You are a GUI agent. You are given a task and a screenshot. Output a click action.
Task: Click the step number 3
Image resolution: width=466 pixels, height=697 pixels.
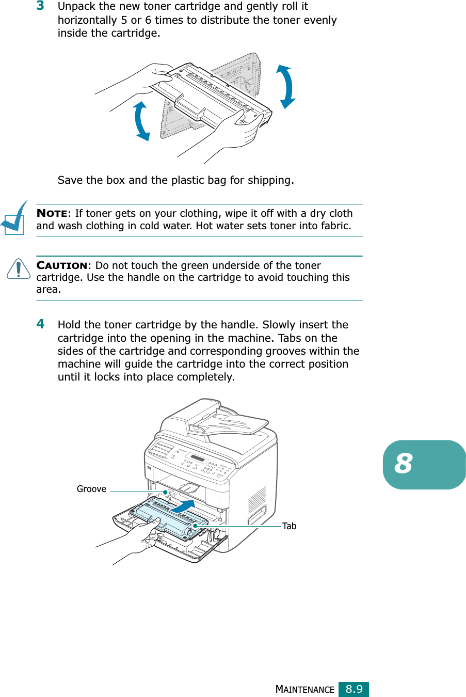pyautogui.click(x=40, y=6)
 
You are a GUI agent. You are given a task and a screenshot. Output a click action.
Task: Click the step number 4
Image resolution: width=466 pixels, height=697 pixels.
pyautogui.click(x=40, y=324)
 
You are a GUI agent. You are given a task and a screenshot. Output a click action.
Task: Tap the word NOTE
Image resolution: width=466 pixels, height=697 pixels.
pyautogui.click(x=52, y=214)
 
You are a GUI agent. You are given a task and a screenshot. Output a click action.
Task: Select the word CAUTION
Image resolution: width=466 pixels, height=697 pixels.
pyautogui.click(x=62, y=265)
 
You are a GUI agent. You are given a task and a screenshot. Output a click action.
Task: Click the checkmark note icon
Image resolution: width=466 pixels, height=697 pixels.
pyautogui.click(x=14, y=218)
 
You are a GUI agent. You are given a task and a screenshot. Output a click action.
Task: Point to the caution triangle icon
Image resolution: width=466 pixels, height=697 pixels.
pyautogui.click(x=19, y=268)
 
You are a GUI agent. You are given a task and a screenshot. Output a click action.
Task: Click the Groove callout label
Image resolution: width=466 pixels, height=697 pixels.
pyautogui.click(x=91, y=489)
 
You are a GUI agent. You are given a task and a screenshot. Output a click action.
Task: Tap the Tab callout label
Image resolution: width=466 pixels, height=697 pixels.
pyautogui.click(x=289, y=526)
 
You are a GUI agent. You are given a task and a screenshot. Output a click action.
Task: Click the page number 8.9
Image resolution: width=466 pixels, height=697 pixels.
pyautogui.click(x=353, y=689)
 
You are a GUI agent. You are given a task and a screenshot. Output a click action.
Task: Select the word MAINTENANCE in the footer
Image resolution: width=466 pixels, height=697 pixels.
pyautogui.click(x=305, y=690)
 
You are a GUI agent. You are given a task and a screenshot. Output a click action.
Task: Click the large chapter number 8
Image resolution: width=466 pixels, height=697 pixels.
pyautogui.click(x=404, y=464)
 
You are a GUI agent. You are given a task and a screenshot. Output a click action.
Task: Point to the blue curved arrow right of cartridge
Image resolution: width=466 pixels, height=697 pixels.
pyautogui.click(x=286, y=86)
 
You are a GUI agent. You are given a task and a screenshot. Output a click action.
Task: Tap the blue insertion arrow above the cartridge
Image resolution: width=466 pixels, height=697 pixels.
pyautogui.click(x=183, y=506)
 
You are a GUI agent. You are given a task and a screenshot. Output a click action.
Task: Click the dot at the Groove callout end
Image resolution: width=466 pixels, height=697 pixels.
pyautogui.click(x=165, y=492)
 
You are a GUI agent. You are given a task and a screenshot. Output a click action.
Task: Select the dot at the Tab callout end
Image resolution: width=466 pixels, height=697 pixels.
pyautogui.click(x=195, y=526)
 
